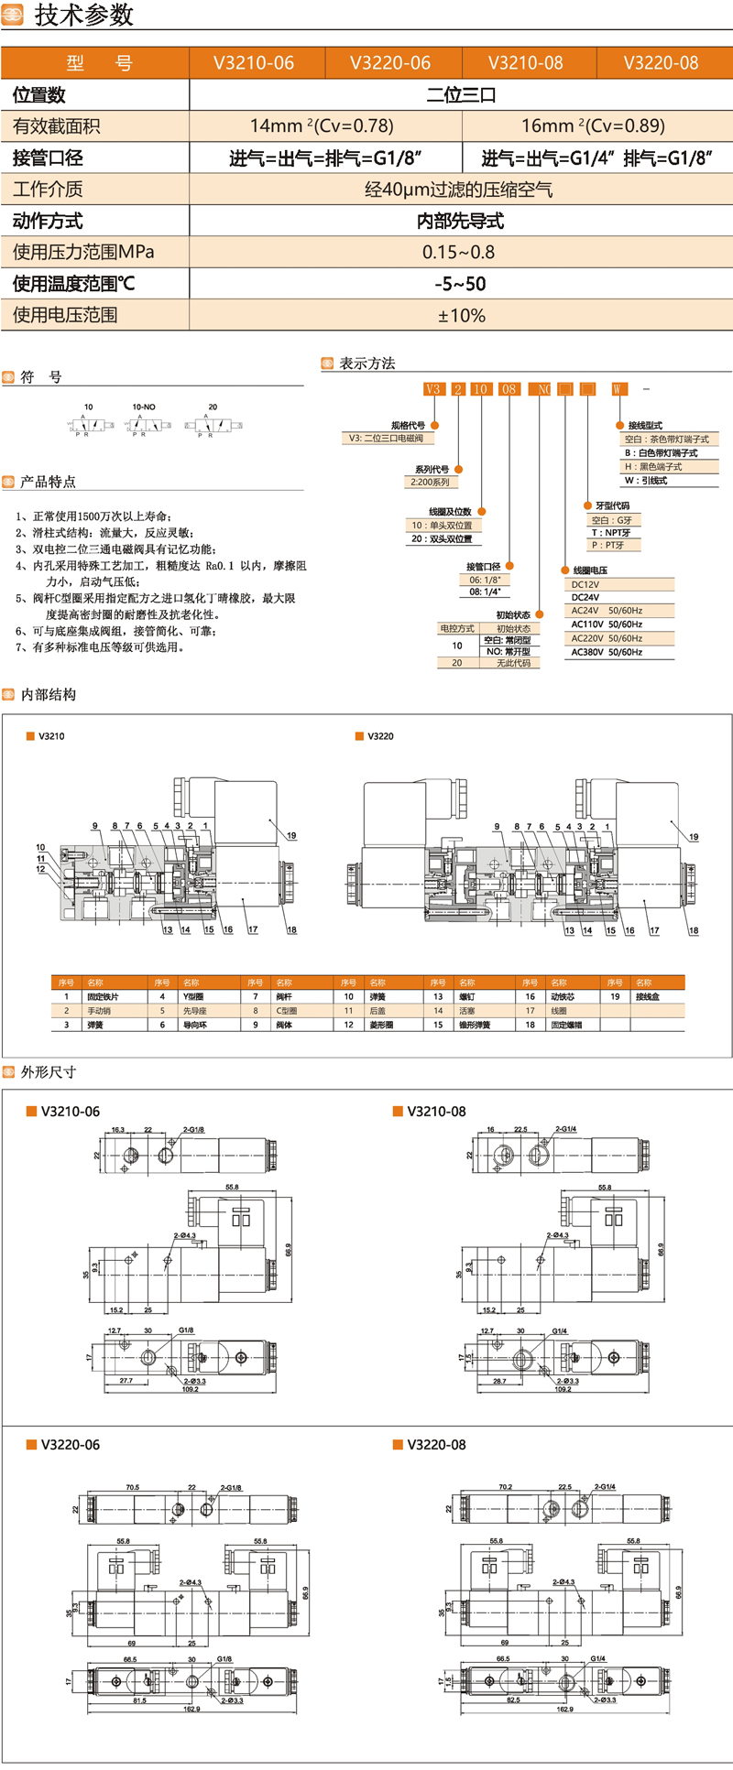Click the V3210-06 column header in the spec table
click(254, 63)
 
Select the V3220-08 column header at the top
click(661, 63)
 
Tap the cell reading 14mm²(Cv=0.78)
click(322, 125)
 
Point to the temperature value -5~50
click(460, 284)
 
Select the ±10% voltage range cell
click(461, 315)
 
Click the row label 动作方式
click(48, 221)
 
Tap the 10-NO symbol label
click(144, 407)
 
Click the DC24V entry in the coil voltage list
click(585, 597)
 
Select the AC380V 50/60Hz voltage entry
click(607, 652)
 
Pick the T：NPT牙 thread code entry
click(611, 532)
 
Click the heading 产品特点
click(48, 482)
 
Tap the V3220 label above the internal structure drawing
click(380, 736)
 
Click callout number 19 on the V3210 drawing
click(291, 836)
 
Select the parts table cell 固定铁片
click(103, 996)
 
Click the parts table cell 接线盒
click(647, 996)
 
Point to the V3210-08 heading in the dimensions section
click(436, 1112)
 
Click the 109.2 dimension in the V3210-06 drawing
click(190, 1389)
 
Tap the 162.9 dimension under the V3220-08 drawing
click(564, 1709)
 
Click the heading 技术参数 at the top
click(84, 16)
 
